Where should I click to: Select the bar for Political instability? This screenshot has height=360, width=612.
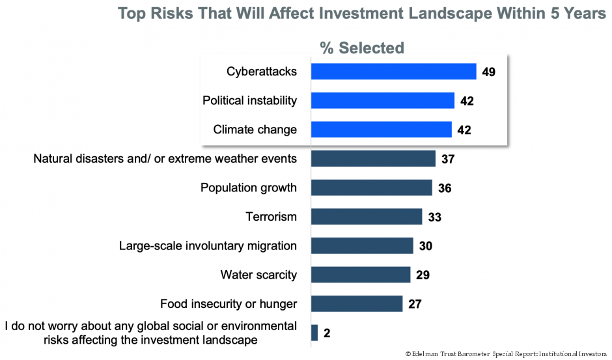tap(382, 100)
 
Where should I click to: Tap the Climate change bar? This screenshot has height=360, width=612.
tap(381, 130)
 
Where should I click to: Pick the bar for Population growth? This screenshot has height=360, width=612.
tap(371, 187)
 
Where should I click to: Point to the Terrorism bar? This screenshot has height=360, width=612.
tap(367, 217)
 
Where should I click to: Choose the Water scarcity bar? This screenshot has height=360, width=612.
tap(361, 275)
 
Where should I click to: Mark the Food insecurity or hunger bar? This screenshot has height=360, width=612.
tap(357, 303)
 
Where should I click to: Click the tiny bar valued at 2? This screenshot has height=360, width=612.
tap(314, 333)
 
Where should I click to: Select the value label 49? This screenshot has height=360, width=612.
tap(489, 72)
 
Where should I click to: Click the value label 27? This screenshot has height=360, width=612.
tap(416, 304)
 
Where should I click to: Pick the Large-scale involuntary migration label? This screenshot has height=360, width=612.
tap(208, 246)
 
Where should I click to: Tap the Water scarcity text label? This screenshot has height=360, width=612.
tap(258, 275)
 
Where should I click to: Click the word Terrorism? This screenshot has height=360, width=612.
tap(271, 217)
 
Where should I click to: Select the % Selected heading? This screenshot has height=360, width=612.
tap(362, 48)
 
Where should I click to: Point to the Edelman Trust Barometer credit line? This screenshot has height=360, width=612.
tap(506, 353)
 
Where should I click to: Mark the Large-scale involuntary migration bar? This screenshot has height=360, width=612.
tap(362, 245)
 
